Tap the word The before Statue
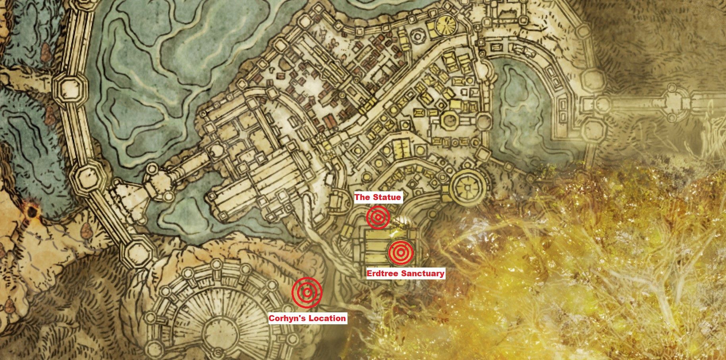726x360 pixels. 362,197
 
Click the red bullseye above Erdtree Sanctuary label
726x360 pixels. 400,252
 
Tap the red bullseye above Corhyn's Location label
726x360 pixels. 307,293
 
